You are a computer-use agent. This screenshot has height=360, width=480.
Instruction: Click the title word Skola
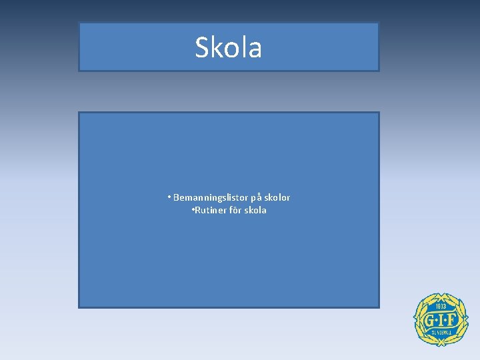(x=228, y=47)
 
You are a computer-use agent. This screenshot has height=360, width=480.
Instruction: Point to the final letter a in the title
(x=255, y=49)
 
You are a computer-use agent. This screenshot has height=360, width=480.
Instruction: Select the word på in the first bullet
(x=255, y=198)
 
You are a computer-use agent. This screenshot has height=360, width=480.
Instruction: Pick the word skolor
(x=277, y=197)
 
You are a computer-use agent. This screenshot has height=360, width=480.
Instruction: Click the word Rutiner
(x=209, y=210)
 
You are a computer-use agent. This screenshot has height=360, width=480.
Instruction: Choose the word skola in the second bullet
(x=255, y=210)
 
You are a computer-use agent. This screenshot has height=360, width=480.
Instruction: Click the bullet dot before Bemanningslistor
(x=169, y=197)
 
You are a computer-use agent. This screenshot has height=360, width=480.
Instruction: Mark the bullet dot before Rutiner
(x=192, y=210)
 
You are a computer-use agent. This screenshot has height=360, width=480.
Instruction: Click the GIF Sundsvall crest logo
(x=441, y=319)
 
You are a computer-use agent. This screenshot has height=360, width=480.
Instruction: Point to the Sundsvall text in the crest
(x=441, y=331)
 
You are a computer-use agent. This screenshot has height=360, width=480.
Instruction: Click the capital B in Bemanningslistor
(x=176, y=197)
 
